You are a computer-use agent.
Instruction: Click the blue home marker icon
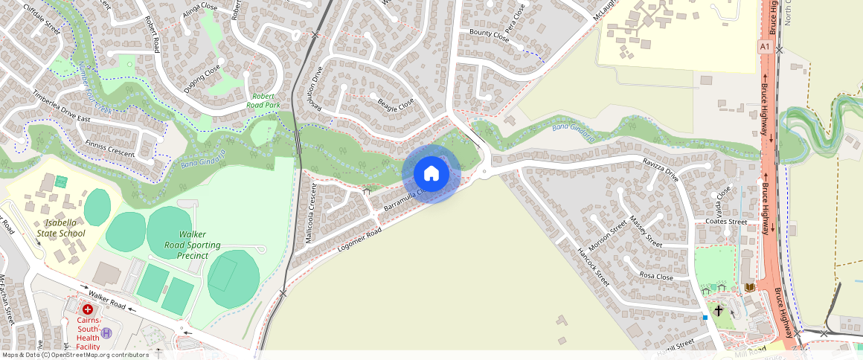pos(431,174)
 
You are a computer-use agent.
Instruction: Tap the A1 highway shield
pos(764,47)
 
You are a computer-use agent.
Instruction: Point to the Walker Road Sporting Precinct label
pos(187,244)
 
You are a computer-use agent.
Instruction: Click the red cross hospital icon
pos(88,309)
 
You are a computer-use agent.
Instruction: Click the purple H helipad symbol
pos(106,332)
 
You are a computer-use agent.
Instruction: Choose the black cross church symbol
pos(718,309)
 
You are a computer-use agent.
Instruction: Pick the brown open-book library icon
pos(749,287)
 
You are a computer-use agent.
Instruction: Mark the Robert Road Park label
pos(263,100)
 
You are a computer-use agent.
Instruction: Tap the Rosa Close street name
pos(655,277)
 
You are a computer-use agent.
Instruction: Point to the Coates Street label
pos(725,222)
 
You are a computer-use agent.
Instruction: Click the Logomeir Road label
pos(359,242)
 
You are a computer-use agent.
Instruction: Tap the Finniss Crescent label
pos(110,148)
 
